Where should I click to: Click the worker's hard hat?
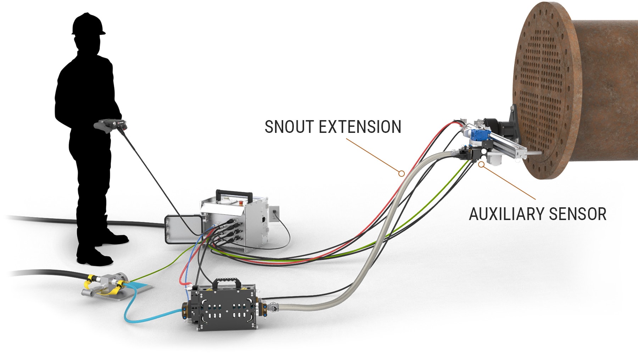click(x=88, y=24)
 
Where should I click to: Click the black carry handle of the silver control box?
click(x=234, y=193)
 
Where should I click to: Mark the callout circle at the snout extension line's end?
click(x=401, y=173)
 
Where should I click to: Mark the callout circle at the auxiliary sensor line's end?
click(x=481, y=164)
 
